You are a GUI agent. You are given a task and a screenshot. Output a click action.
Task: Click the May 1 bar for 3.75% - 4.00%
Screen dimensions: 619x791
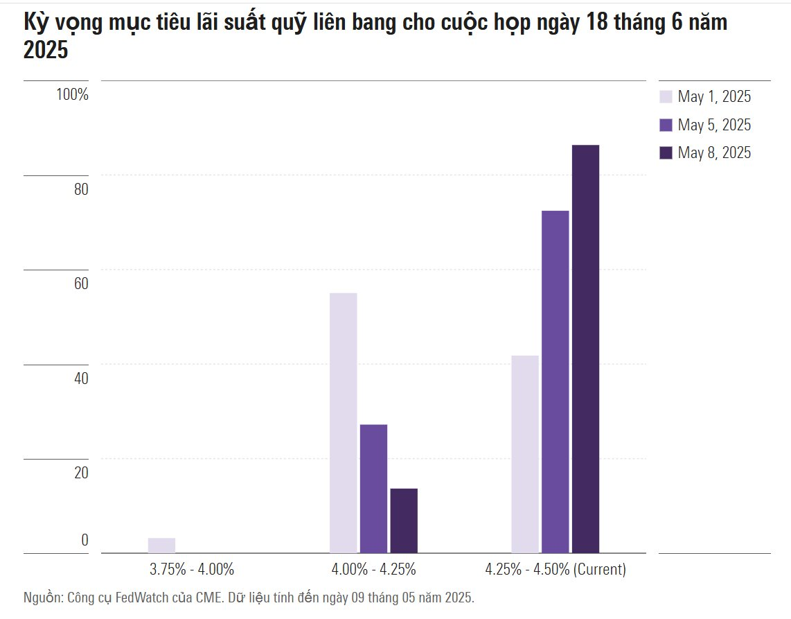pos(161,546)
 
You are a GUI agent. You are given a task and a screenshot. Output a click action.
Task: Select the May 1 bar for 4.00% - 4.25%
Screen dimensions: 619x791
pos(344,423)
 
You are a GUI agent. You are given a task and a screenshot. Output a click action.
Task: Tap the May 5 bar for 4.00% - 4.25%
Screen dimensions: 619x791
pos(373,489)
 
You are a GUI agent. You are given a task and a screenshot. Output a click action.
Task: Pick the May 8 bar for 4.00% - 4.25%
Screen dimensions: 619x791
pos(404,521)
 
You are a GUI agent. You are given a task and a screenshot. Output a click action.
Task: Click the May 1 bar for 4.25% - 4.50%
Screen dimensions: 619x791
pos(525,454)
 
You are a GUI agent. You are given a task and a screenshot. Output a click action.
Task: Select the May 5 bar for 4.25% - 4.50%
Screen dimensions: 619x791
pos(555,381)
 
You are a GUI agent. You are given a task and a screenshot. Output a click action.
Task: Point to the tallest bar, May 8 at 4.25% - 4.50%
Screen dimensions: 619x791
pos(585,349)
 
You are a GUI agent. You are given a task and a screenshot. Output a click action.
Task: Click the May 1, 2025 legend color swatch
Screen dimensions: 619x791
pos(666,97)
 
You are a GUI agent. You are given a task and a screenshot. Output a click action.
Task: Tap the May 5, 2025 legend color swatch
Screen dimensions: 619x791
pos(666,125)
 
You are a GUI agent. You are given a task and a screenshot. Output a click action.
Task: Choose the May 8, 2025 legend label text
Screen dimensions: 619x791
pos(714,153)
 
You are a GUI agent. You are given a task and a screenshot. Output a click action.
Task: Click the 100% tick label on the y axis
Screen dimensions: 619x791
pos(73,95)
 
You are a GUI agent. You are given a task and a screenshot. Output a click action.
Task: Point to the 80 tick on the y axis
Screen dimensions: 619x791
pos(81,189)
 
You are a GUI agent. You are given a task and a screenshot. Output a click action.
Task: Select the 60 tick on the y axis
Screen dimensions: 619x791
pos(81,284)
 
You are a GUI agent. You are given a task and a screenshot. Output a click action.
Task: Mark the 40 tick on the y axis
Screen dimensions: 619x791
pos(81,378)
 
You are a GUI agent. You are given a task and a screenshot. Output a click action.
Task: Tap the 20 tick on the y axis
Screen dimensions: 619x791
pos(81,473)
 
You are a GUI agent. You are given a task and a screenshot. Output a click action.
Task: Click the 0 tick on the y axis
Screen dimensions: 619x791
pos(85,540)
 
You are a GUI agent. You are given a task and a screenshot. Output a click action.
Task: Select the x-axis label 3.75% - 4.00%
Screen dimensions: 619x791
pos(192,570)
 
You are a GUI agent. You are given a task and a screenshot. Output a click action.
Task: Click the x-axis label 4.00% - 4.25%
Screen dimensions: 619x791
pos(373,570)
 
